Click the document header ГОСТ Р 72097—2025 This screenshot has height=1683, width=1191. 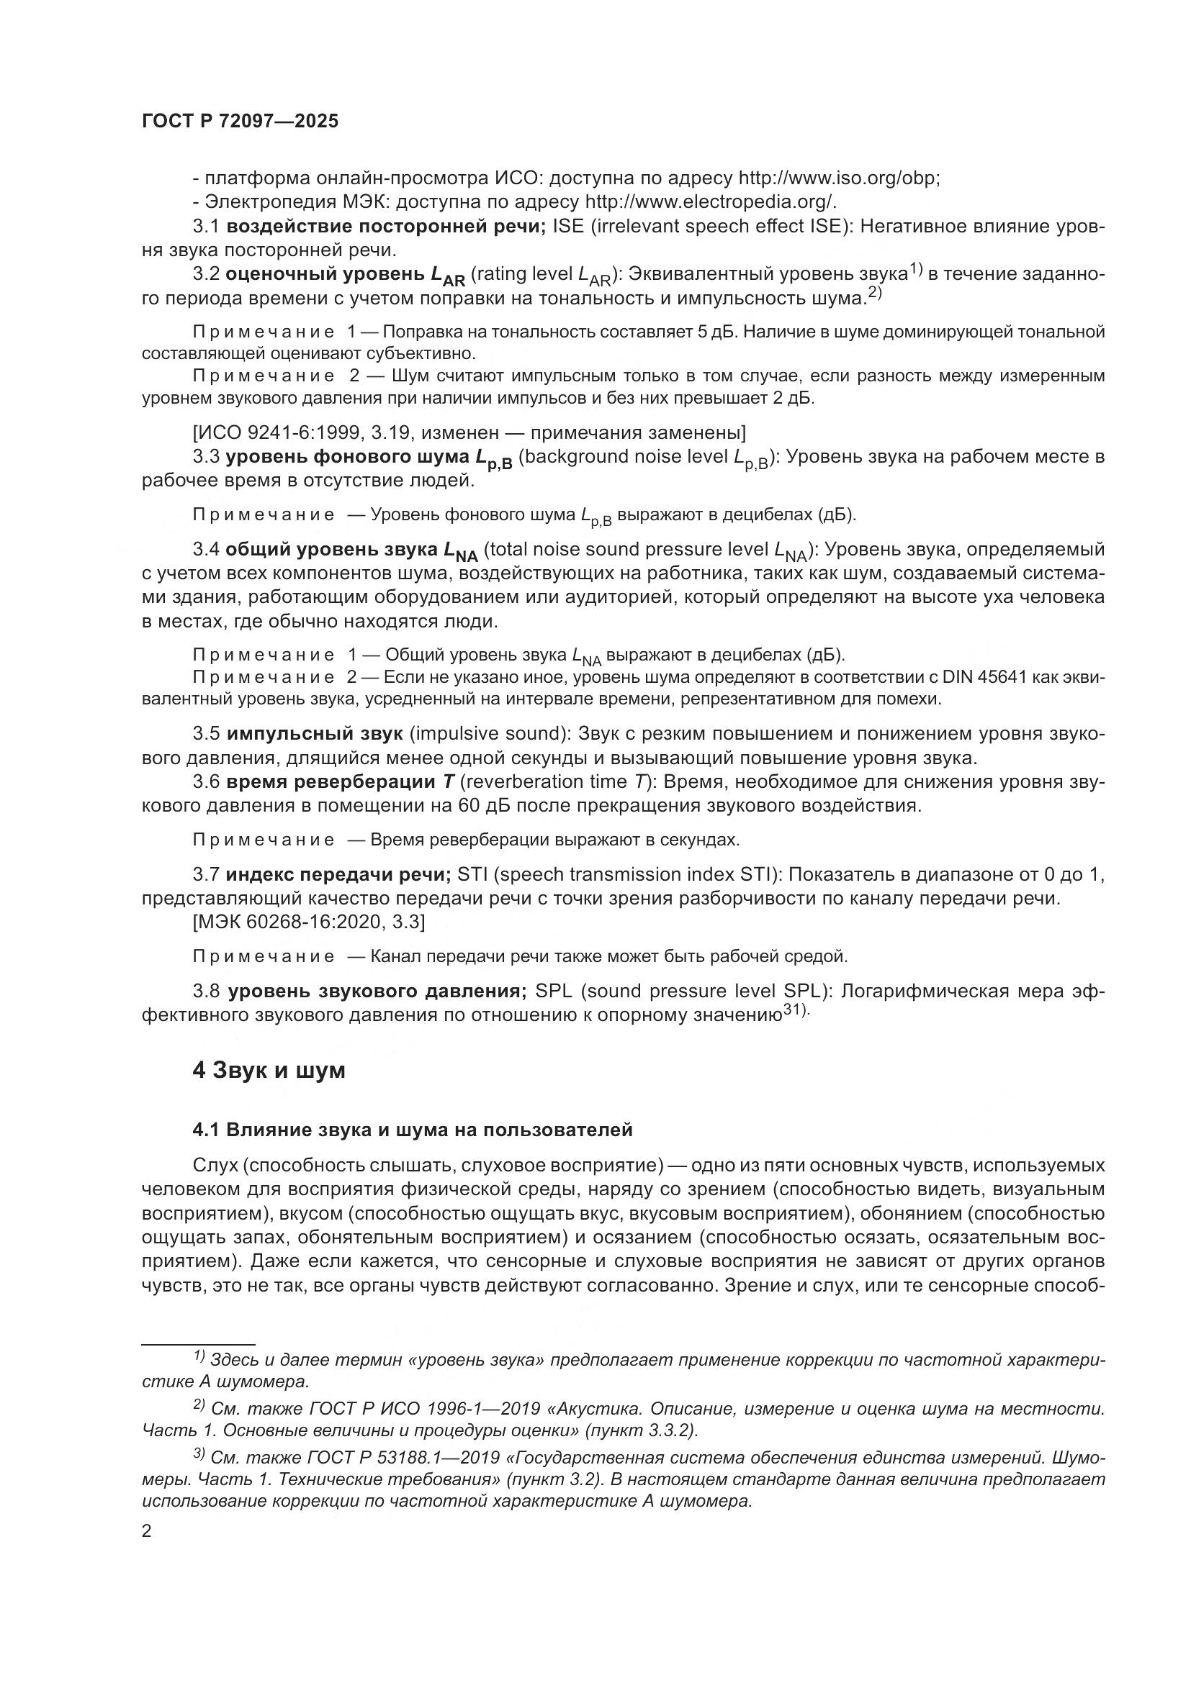(240, 122)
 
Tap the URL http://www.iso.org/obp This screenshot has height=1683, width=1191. (838, 178)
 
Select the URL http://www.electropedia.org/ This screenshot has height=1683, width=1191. (710, 202)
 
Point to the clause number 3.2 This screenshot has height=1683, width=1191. (206, 275)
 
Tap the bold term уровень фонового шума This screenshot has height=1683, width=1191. (347, 458)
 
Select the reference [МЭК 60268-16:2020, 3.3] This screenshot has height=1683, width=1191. (309, 922)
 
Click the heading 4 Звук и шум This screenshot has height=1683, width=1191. (269, 1071)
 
